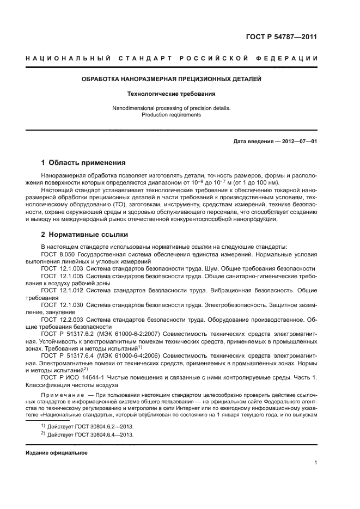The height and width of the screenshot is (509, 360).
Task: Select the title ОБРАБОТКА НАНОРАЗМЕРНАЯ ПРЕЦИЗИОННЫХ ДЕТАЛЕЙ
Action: tap(171, 79)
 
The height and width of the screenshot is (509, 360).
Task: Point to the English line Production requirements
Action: tap(171, 115)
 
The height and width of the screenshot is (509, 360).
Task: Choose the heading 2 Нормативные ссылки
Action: tap(84, 235)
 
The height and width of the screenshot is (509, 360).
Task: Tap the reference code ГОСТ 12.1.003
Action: tap(60, 269)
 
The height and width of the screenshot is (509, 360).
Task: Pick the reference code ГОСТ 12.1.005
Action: tap(60, 276)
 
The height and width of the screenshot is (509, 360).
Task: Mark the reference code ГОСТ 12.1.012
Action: tap(60, 291)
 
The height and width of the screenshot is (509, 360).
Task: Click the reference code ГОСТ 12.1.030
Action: tap(60, 305)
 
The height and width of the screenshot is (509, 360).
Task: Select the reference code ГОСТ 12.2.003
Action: tap(60, 320)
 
